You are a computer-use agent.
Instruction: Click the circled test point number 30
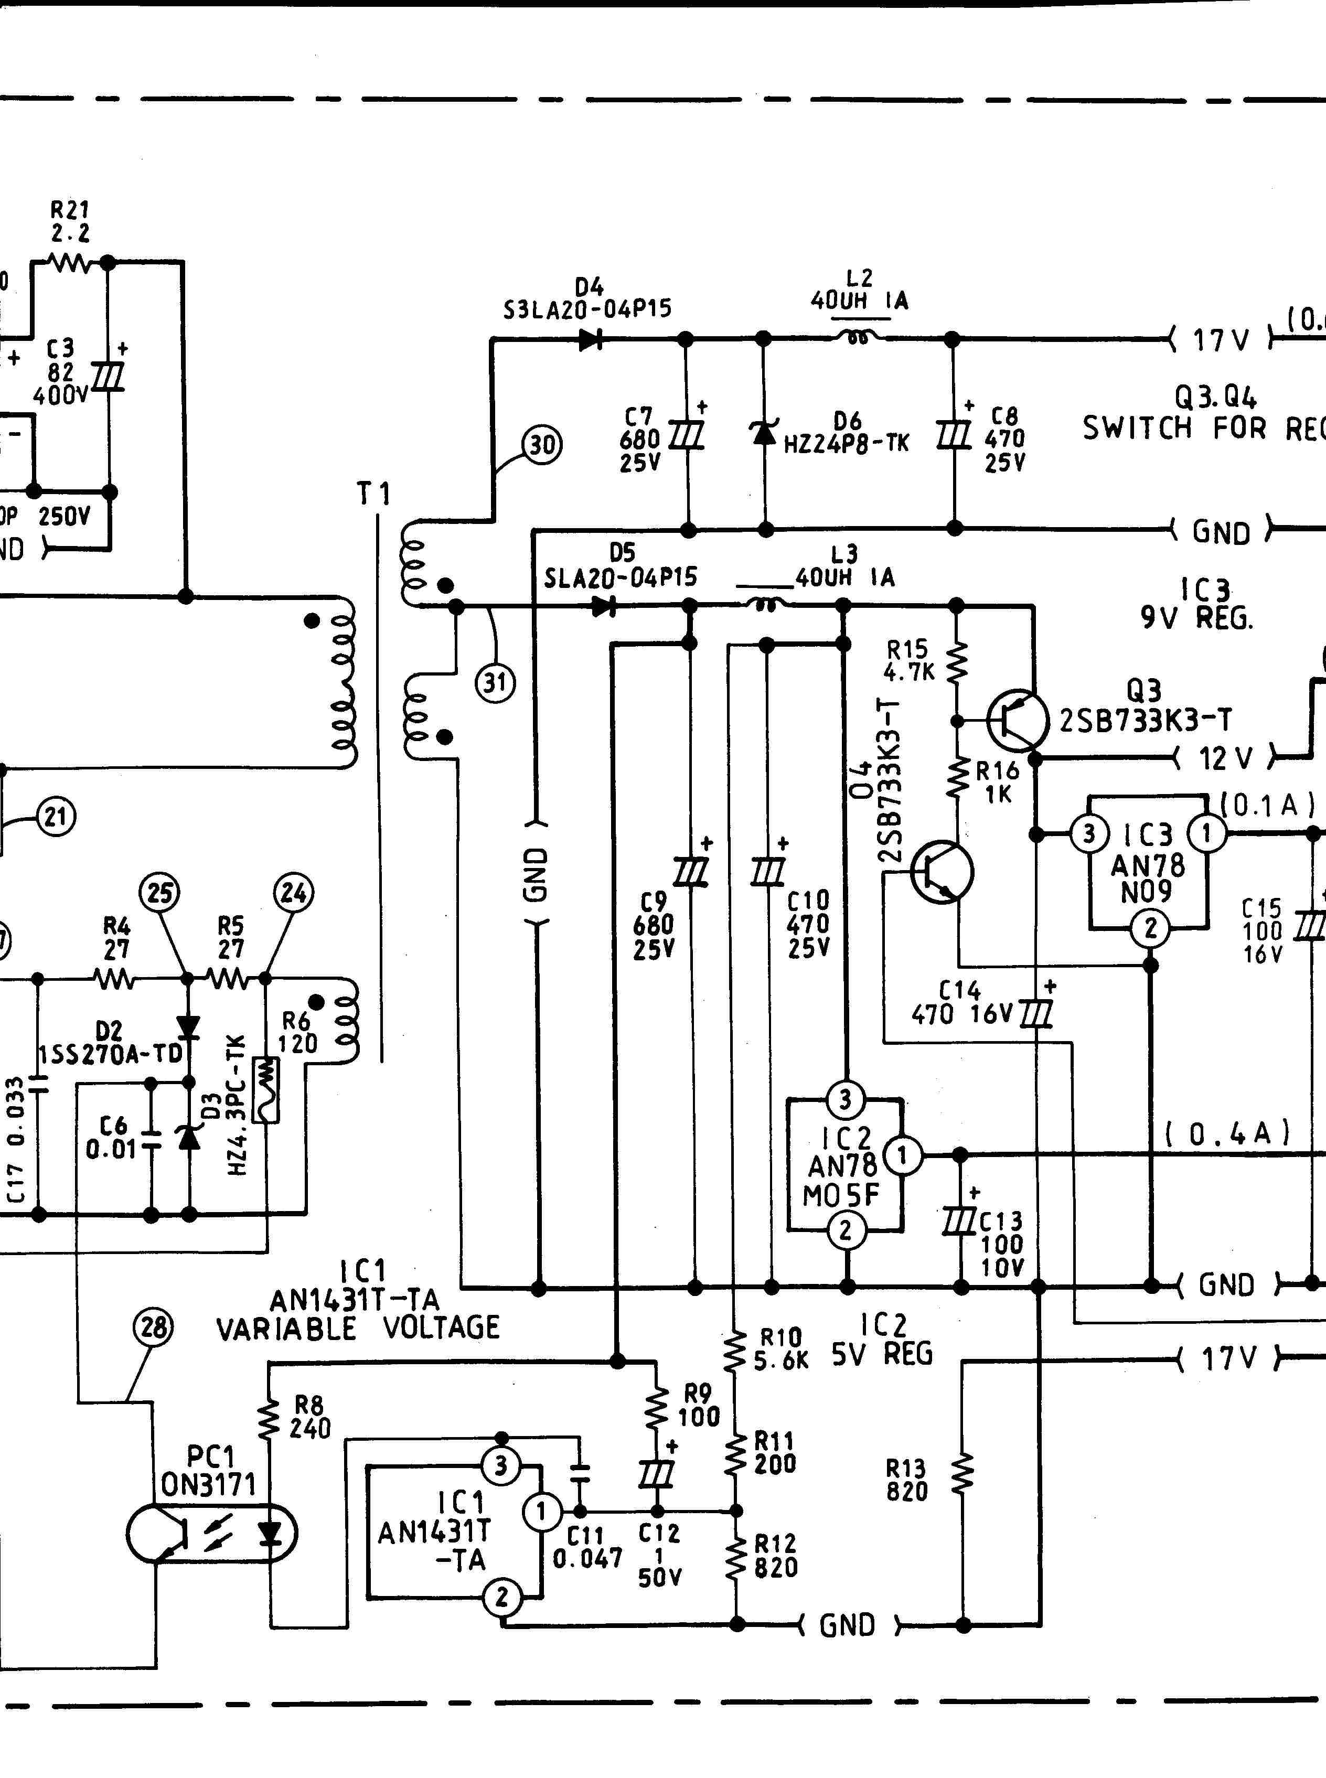[x=542, y=444]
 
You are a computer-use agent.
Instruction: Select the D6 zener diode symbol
[x=763, y=432]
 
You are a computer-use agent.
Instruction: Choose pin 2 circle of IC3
[x=1150, y=929]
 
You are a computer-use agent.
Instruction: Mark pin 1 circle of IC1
[x=542, y=1512]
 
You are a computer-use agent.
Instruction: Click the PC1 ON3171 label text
[x=209, y=1471]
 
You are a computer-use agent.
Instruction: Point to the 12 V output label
[x=1226, y=758]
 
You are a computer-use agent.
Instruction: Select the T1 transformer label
[x=374, y=495]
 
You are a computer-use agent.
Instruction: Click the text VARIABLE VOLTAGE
[x=358, y=1327]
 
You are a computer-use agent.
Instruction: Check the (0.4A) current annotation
[x=1227, y=1133]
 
